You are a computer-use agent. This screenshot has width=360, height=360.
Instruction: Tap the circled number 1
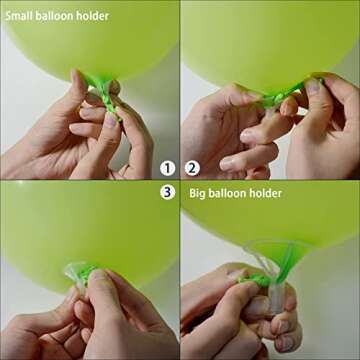point(167,168)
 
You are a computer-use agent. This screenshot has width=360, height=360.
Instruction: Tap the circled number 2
point(193,168)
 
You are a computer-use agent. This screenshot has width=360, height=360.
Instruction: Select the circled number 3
point(167,192)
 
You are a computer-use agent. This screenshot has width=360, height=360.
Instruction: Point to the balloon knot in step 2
point(271,97)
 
